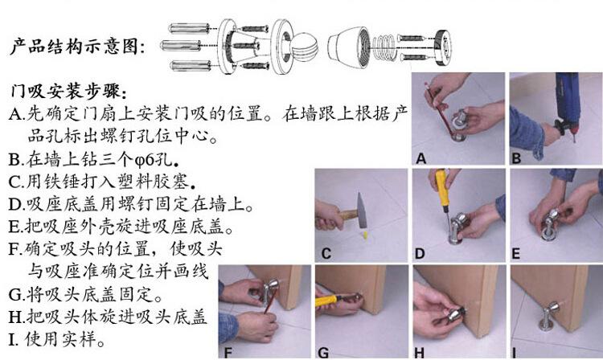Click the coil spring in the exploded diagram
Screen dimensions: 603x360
coord(383,48)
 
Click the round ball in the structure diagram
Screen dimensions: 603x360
coord(305,47)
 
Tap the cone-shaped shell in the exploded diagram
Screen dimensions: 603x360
coord(349,47)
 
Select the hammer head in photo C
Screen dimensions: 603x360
coord(362,211)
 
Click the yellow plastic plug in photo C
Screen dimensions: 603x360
coord(364,235)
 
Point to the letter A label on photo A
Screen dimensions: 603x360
coord(421,158)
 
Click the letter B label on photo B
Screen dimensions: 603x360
coord(516,158)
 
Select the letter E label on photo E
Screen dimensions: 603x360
coord(515,254)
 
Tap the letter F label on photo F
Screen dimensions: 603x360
coord(228,352)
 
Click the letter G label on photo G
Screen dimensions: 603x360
coord(323,352)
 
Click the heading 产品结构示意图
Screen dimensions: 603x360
coord(78,47)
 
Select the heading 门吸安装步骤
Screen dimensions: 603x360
coord(68,92)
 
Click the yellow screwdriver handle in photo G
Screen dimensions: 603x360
coord(326,301)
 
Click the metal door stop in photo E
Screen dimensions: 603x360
coord(550,225)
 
